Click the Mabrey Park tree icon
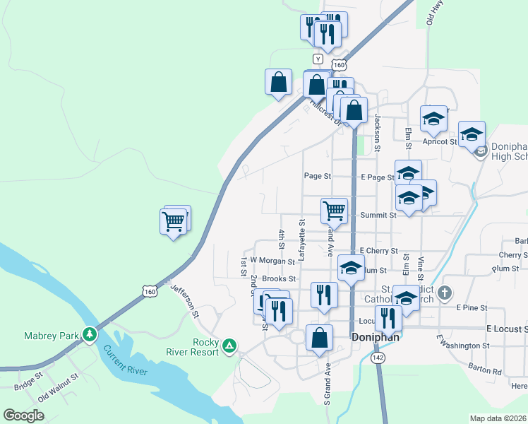click(x=90, y=334)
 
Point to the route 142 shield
click(x=379, y=358)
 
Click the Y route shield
click(x=318, y=59)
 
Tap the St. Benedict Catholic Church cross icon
click(x=444, y=292)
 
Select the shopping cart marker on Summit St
click(x=334, y=210)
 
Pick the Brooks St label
click(x=273, y=279)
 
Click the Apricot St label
click(x=440, y=141)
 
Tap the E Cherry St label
click(x=379, y=251)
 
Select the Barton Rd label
click(x=484, y=368)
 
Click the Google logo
click(x=23, y=416)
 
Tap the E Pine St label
click(x=472, y=308)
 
